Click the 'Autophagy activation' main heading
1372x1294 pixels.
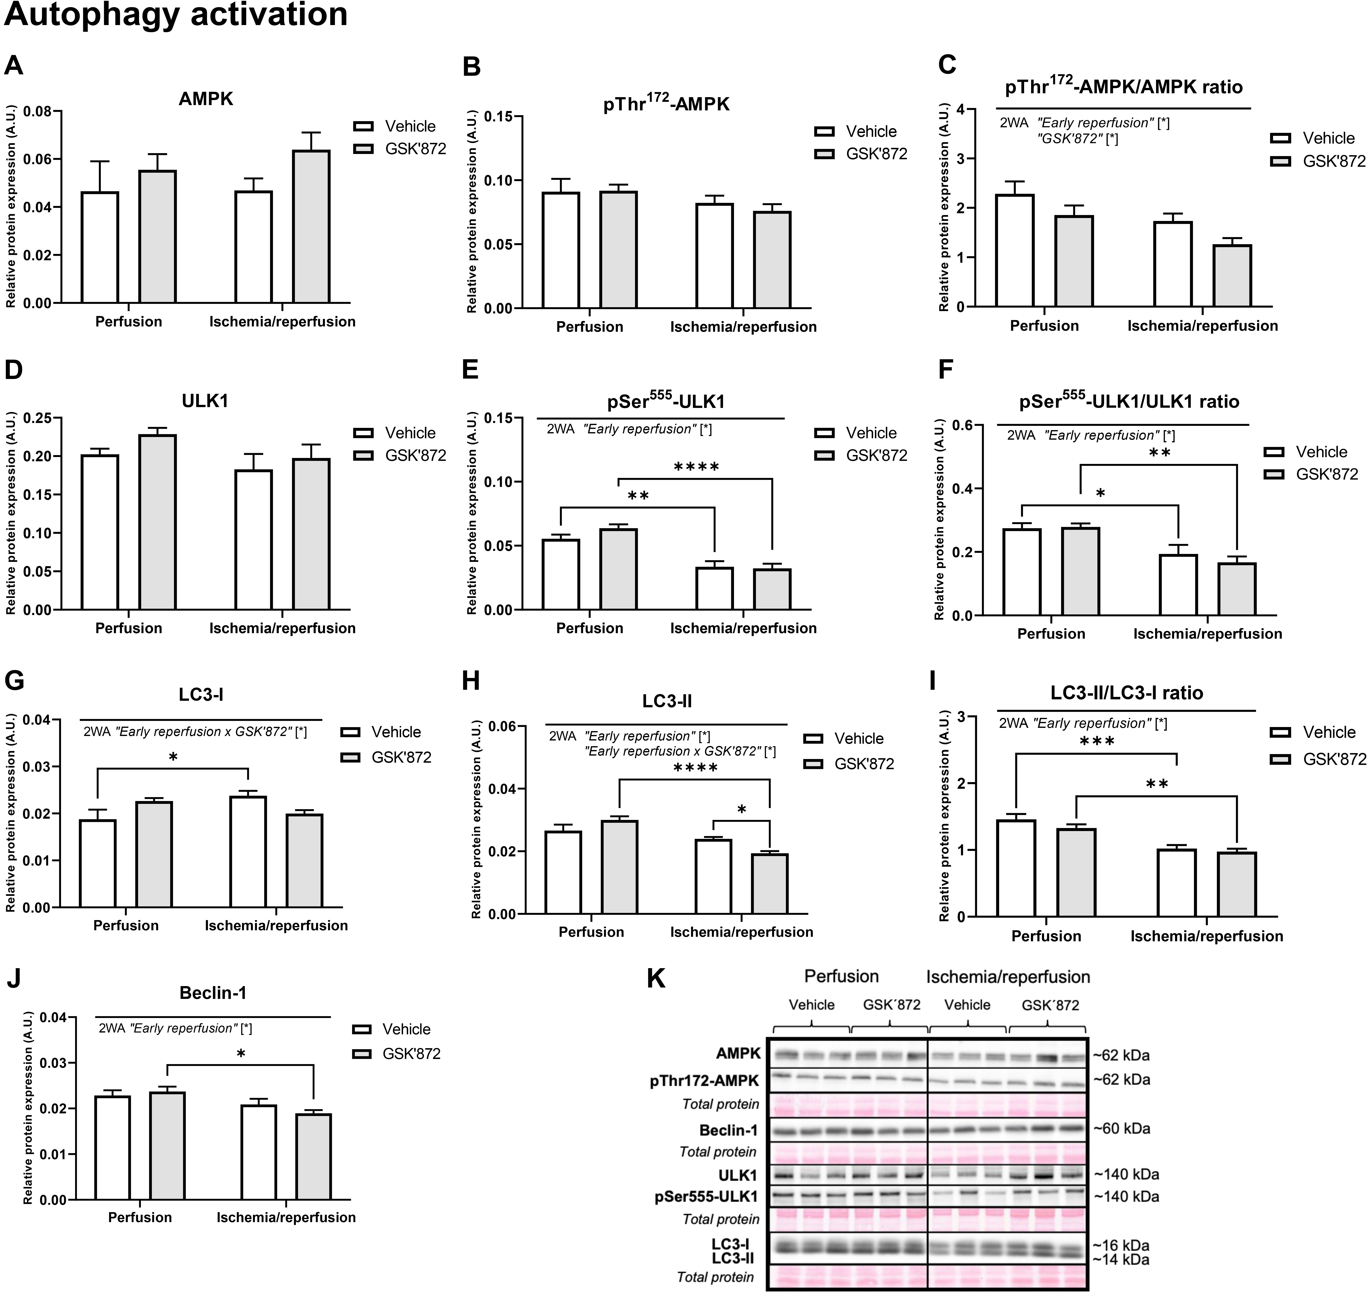tap(176, 15)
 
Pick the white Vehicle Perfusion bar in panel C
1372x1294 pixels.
tap(1014, 250)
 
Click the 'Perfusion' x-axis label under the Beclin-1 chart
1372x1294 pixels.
tap(140, 1217)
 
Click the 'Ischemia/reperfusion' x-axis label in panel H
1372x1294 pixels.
tap(741, 932)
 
